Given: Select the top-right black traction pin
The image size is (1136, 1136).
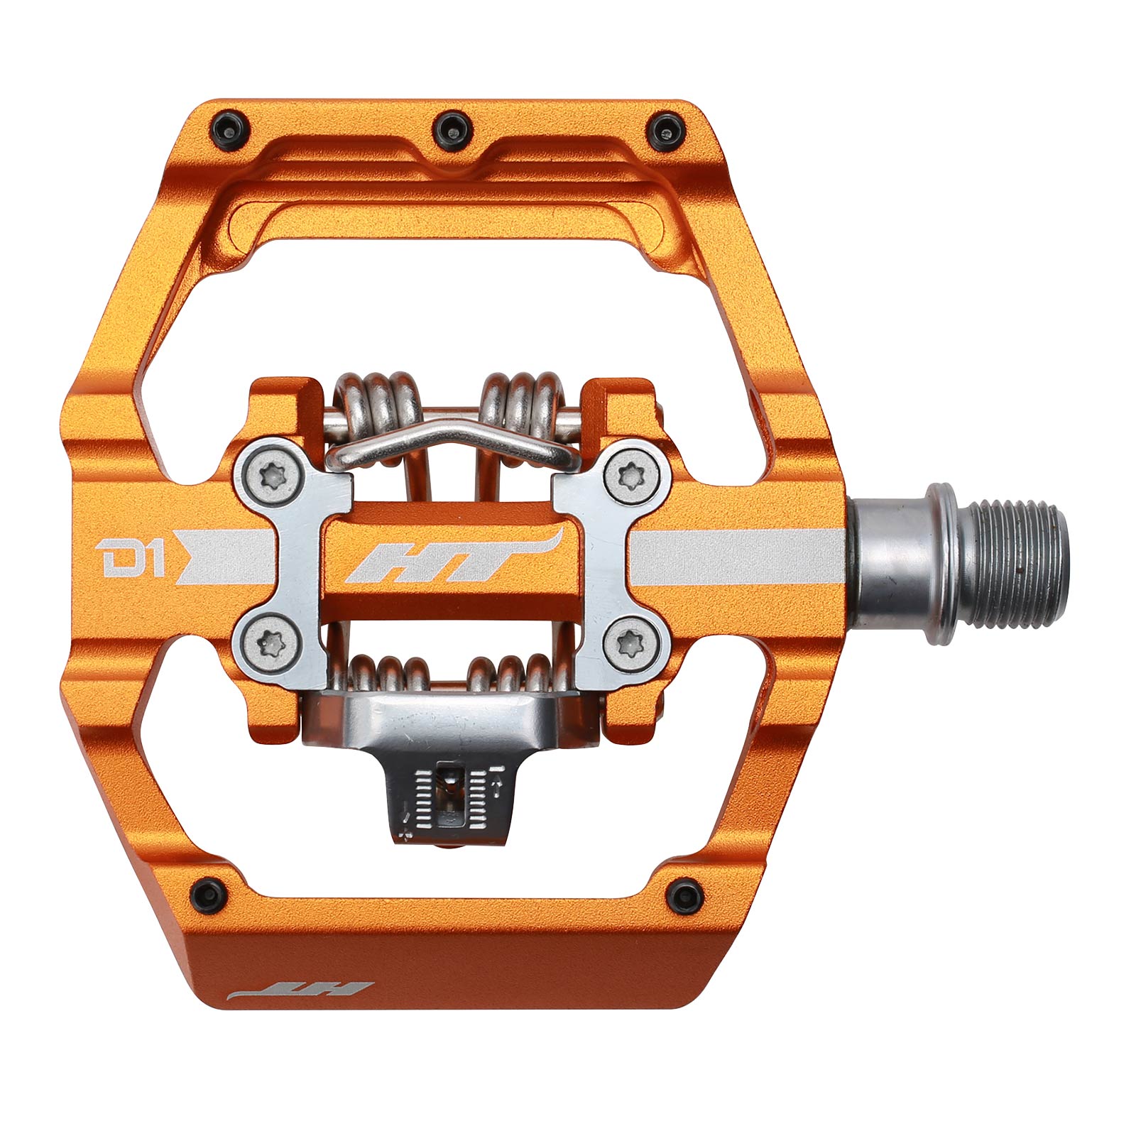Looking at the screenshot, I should coord(665,129).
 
